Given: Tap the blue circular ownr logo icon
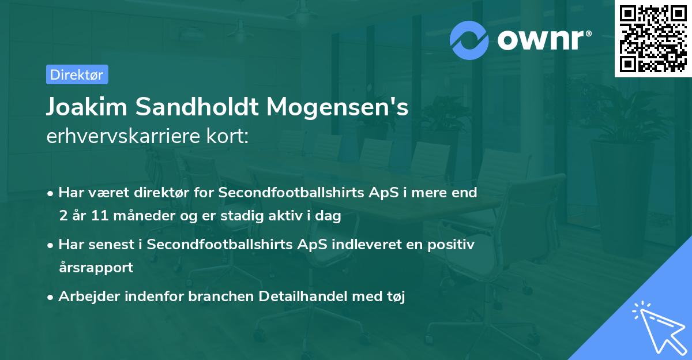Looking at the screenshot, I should pyautogui.click(x=469, y=39).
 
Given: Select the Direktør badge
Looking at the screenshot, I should pyautogui.click(x=77, y=74).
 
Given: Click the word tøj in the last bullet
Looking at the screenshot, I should pyautogui.click(x=396, y=297).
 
